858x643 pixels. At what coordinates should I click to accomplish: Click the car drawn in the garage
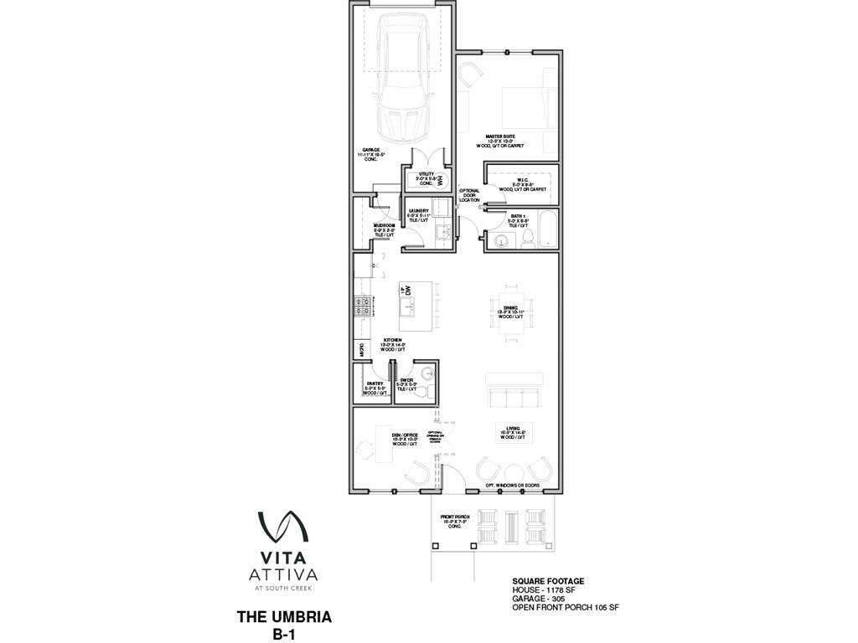404,80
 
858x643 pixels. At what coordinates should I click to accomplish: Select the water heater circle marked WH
441,179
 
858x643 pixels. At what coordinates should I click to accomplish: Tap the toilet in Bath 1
528,241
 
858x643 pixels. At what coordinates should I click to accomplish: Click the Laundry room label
417,214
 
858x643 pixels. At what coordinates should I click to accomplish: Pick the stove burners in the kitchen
362,306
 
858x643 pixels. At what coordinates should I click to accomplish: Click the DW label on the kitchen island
410,291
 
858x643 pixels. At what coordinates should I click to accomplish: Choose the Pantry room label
374,386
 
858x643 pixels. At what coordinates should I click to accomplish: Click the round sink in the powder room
428,374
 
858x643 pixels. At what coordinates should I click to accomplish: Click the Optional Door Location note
469,195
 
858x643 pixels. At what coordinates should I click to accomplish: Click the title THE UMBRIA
284,617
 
